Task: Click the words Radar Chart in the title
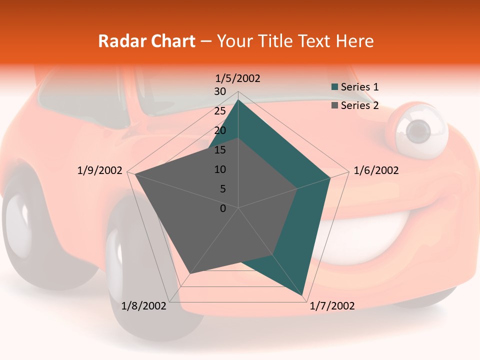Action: tap(146, 41)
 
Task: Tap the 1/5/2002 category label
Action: tap(238, 78)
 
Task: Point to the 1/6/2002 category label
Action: tap(376, 170)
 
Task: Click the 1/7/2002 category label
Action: tap(332, 306)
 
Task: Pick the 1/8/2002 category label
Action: tap(144, 306)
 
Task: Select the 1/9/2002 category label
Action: tap(100, 170)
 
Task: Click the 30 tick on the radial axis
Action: tap(220, 91)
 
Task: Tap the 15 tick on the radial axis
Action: tap(220, 150)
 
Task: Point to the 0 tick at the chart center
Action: tap(223, 208)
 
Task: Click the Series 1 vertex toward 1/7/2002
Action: tap(303, 296)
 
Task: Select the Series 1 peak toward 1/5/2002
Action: tap(238, 100)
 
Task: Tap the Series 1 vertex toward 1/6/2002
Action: tap(330, 177)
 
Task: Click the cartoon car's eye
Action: tap(419, 131)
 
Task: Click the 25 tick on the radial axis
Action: tap(220, 111)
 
